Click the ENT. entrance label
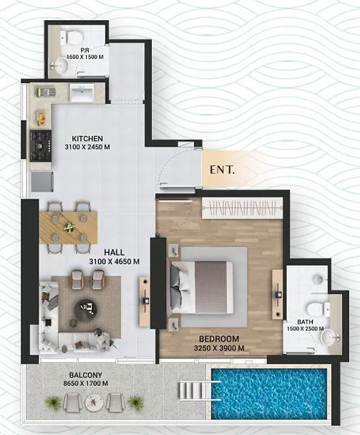click(222, 170)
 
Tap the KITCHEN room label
click(87, 139)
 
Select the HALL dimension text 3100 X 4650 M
click(114, 262)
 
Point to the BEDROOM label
click(219, 339)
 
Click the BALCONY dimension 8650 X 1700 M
click(86, 384)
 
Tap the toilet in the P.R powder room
click(72, 37)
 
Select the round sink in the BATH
click(330, 337)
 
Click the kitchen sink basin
click(82, 92)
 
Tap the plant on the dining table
click(69, 227)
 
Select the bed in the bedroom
click(202, 288)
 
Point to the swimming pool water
click(269, 394)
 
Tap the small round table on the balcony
click(94, 402)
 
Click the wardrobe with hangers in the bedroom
click(242, 208)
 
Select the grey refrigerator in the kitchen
click(42, 181)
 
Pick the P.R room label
click(85, 50)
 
